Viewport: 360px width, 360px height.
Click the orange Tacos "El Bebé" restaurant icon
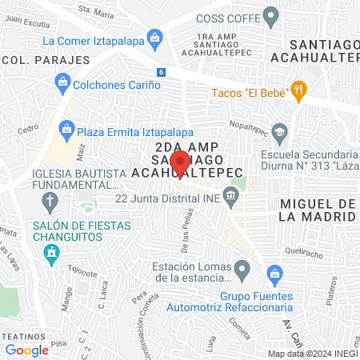(299, 90)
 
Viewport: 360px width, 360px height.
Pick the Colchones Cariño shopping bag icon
(62, 80)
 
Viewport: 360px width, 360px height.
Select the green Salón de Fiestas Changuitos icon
(53, 254)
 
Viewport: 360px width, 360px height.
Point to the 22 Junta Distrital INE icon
(231, 194)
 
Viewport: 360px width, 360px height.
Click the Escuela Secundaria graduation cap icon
(279, 130)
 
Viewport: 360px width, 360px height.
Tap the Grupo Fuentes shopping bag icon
(274, 274)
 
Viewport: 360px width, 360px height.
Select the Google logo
(27, 350)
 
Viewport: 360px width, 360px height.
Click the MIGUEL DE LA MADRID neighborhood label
(318, 210)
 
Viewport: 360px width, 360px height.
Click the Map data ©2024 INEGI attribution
(312, 354)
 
